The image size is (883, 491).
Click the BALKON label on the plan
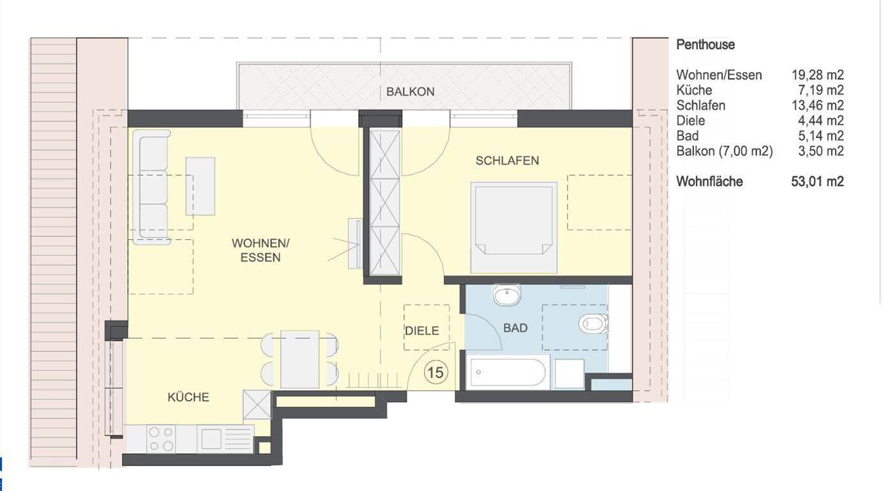[410, 91]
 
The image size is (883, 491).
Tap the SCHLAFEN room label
[507, 160]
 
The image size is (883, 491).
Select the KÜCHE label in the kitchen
[188, 396]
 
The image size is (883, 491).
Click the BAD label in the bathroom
[515, 327]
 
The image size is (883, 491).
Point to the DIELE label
[422, 331]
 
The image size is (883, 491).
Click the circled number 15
[435, 373]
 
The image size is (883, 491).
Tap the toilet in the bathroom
[593, 324]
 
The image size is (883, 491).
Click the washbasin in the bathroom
[506, 294]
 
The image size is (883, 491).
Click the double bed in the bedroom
[513, 228]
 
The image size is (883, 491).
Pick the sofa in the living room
[151, 187]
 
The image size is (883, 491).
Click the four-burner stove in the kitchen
[162, 439]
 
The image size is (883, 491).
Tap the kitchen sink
[225, 439]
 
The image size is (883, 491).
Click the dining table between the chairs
[299, 359]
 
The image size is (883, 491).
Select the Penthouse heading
[706, 45]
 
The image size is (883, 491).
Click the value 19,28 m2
[818, 75]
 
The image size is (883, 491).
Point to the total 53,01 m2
[817, 182]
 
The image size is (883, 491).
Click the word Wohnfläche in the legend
[709, 182]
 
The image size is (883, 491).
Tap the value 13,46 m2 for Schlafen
[818, 105]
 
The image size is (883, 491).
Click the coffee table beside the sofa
[200, 186]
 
